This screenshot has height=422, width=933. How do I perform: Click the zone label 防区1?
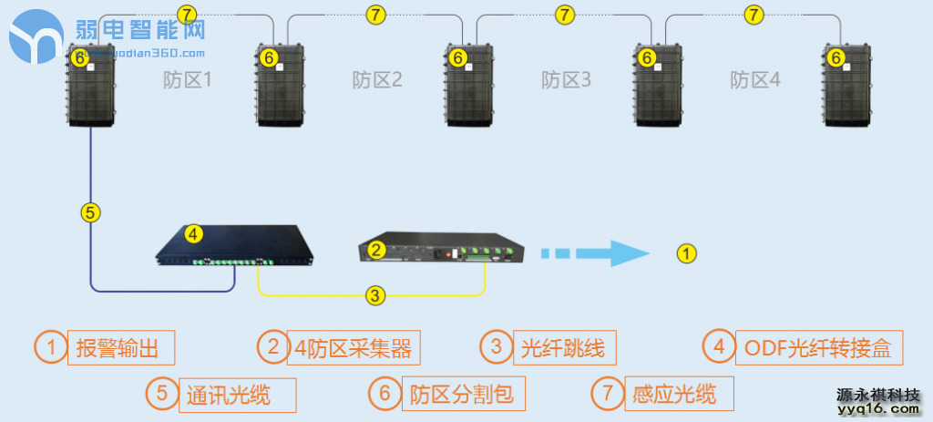pyautogui.click(x=188, y=80)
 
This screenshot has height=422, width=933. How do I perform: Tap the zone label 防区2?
pyautogui.click(x=377, y=80)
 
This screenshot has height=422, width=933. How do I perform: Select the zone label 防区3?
pyautogui.click(x=566, y=80)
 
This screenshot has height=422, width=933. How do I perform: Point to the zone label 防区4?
pyautogui.click(x=755, y=80)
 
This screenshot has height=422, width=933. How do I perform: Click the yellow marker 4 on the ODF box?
pyautogui.click(x=193, y=233)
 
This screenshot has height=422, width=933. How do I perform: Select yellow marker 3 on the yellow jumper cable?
pyautogui.click(x=374, y=294)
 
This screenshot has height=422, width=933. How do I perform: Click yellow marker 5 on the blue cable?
pyautogui.click(x=89, y=212)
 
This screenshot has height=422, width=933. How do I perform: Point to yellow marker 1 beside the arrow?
pyautogui.click(x=689, y=252)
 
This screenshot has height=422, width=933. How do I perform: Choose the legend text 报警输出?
pyautogui.click(x=120, y=347)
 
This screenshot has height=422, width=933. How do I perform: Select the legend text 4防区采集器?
pyautogui.click(x=354, y=347)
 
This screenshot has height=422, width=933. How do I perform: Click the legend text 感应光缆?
pyautogui.click(x=672, y=394)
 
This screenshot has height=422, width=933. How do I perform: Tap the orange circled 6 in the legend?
pyautogui.click(x=385, y=394)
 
